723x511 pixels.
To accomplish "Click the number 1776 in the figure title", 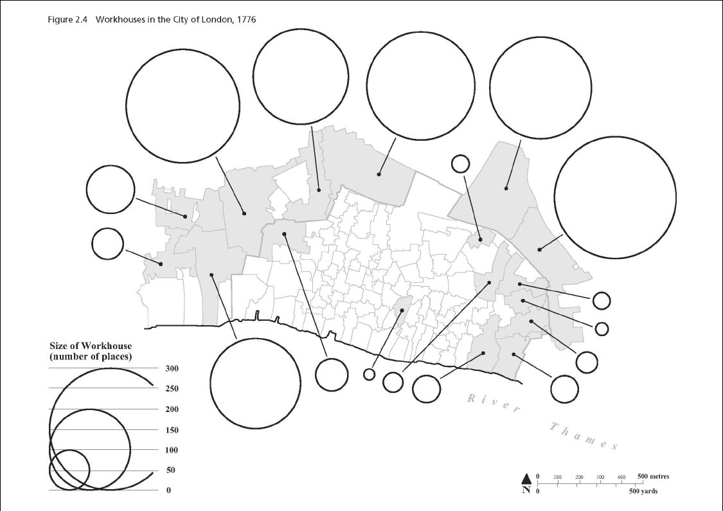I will pyautogui.click(x=245, y=20).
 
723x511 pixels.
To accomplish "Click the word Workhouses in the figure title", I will pyautogui.click(x=118, y=20).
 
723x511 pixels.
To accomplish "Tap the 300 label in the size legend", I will pyautogui.click(x=172, y=368).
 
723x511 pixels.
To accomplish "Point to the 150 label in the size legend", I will pyautogui.click(x=172, y=430).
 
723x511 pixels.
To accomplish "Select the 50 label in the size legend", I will pyautogui.click(x=170, y=471).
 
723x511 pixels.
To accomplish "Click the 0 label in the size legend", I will pyautogui.click(x=168, y=490).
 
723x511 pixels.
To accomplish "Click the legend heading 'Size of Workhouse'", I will pyautogui.click(x=91, y=346).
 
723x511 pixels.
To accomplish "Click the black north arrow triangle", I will pyautogui.click(x=526, y=478).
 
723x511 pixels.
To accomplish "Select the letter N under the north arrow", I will pyautogui.click(x=526, y=490).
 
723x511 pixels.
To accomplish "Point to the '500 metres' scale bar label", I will pyautogui.click(x=653, y=476).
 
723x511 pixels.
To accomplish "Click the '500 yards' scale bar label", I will pyautogui.click(x=643, y=492).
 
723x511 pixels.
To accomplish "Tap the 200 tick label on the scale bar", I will pyautogui.click(x=579, y=477).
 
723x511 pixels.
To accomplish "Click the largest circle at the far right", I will pyautogui.click(x=615, y=197).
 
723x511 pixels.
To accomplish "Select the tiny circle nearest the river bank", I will pyautogui.click(x=369, y=374).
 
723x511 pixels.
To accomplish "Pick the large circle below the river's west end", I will pyautogui.click(x=255, y=383).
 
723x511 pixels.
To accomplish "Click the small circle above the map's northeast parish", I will pyautogui.click(x=460, y=164).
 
